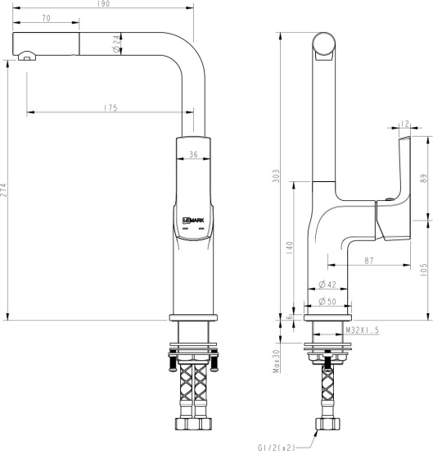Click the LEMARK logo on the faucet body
(x=190, y=219)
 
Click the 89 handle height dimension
(x=423, y=179)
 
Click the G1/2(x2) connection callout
(x=276, y=447)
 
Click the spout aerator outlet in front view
(x=27, y=57)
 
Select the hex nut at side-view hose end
(x=327, y=426)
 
